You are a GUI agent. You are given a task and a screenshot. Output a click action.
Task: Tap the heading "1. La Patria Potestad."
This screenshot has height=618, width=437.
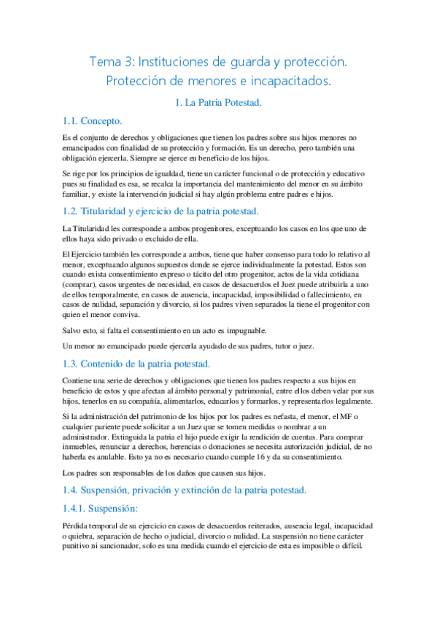218,103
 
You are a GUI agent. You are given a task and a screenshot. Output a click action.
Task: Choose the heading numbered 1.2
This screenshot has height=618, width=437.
161,211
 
